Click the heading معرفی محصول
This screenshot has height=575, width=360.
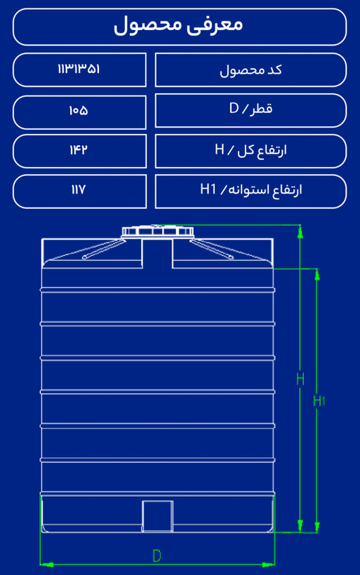[178, 26]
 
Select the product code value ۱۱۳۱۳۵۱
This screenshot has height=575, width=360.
[79, 69]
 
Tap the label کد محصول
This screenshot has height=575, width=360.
[251, 70]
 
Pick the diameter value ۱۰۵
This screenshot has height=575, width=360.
[79, 111]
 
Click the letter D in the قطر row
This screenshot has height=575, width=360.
[234, 108]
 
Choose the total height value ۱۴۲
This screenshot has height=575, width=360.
[79, 149]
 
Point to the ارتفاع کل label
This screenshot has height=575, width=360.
[262, 150]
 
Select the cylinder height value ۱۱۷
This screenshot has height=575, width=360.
[79, 189]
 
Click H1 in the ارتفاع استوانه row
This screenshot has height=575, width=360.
[208, 189]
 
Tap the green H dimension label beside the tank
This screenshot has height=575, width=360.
[300, 379]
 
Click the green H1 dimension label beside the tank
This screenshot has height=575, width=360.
[319, 401]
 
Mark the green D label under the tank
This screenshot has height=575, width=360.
[156, 556]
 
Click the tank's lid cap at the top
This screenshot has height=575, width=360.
[158, 231]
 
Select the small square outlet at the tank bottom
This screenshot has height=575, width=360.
[157, 516]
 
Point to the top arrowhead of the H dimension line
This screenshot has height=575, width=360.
[300, 231]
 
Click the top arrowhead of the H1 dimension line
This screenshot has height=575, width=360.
[317, 275]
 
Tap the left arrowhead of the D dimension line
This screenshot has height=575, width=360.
[46, 564]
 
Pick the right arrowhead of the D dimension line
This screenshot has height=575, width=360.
[268, 564]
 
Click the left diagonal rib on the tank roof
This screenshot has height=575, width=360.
[102, 250]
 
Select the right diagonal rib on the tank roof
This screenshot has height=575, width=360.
[212, 250]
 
